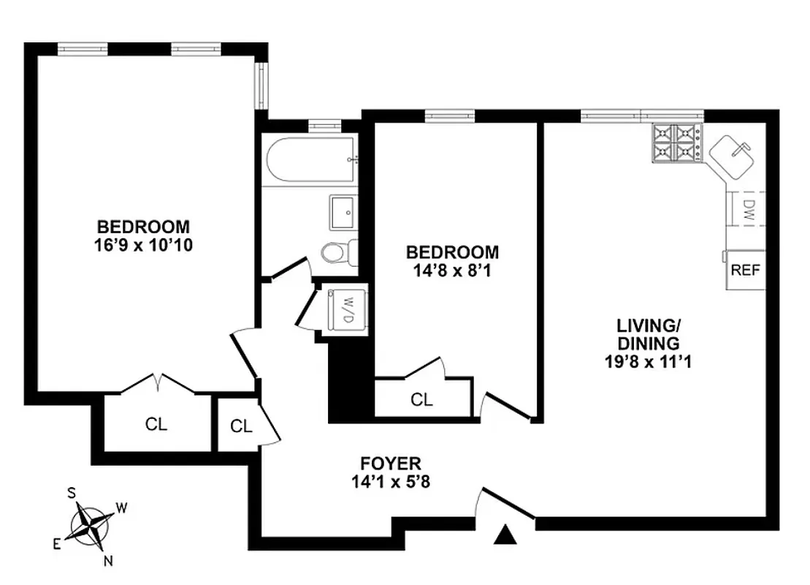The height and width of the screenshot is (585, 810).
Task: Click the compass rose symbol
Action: (x=92, y=524)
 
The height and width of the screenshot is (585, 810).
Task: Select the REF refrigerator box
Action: (x=745, y=270)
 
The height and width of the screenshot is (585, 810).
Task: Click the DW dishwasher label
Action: (x=748, y=211)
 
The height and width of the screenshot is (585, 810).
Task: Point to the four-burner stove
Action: (x=676, y=143)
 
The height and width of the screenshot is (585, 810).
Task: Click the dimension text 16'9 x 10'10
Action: (x=143, y=244)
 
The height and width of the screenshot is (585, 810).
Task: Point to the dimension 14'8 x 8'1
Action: (x=453, y=270)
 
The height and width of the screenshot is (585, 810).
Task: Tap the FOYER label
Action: (x=390, y=463)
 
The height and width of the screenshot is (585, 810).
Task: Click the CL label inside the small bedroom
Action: (x=421, y=400)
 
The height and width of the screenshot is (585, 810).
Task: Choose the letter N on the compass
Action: (x=108, y=561)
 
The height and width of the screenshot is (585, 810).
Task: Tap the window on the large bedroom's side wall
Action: (x=261, y=85)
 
